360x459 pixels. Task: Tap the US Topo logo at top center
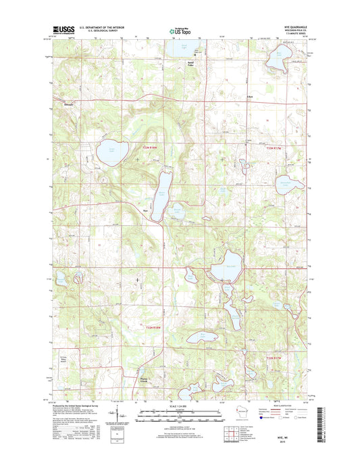(179, 30)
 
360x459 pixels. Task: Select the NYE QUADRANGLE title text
(294, 26)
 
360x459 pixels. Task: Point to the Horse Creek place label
(147, 381)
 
